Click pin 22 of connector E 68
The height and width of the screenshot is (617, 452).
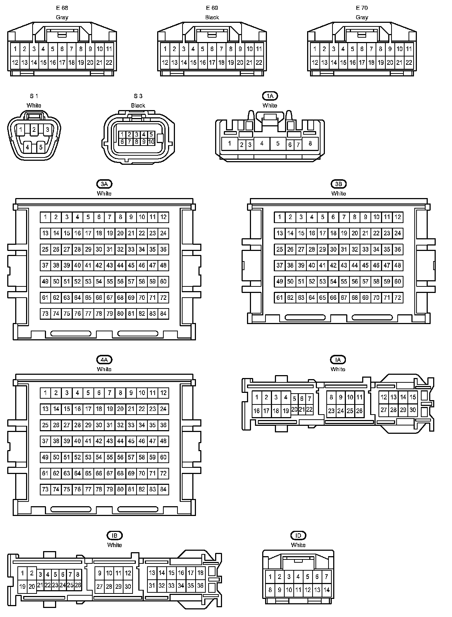[109, 63]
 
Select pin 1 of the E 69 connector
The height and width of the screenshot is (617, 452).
[165, 49]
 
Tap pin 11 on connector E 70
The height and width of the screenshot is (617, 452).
[409, 49]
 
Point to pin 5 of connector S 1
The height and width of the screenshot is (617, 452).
[41, 147]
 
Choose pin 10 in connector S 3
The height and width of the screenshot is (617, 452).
[151, 142]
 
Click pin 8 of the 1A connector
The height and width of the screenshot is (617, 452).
[310, 143]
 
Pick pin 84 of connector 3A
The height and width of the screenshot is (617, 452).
[163, 314]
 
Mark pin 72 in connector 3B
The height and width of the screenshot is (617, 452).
[398, 298]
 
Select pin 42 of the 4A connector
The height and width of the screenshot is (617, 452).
[99, 441]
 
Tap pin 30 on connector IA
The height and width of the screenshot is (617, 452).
[413, 410]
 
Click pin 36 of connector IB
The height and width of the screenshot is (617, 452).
[200, 585]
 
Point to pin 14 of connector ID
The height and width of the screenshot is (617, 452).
[326, 590]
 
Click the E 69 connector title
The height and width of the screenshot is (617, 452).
[212, 8]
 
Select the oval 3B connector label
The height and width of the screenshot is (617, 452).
[338, 184]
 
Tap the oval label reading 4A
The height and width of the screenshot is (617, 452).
[104, 360]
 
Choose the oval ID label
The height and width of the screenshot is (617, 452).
[298, 535]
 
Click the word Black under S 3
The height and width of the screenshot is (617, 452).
[138, 105]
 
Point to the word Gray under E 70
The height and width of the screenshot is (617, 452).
[362, 17]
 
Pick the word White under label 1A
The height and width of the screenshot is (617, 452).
[270, 105]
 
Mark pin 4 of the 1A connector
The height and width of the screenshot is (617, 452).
[262, 143]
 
